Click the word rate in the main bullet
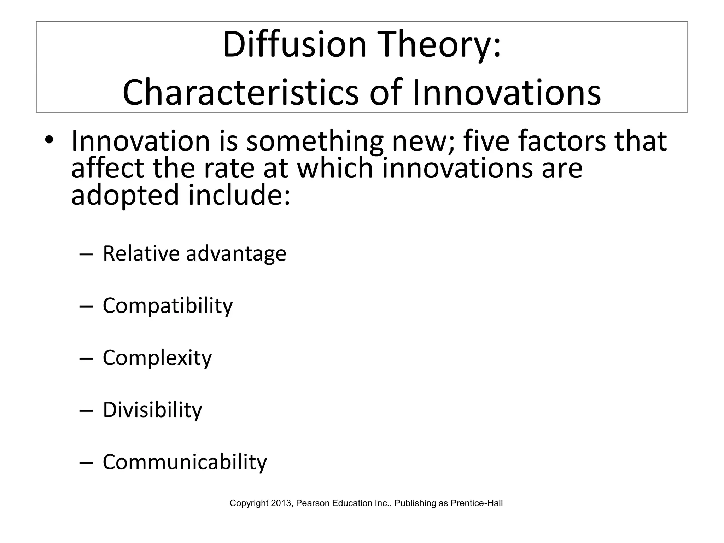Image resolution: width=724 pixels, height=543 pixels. coord(229,168)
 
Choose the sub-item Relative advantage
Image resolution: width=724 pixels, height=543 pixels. coord(194,254)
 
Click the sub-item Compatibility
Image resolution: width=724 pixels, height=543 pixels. coord(168,306)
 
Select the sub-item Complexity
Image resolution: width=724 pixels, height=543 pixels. coord(157,358)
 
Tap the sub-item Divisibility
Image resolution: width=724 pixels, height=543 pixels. coord(152,410)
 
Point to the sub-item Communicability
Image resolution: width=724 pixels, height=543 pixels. coord(185,462)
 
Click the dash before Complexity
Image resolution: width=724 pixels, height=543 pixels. coord(86,359)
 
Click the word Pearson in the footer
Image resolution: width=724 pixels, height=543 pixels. coord(309,503)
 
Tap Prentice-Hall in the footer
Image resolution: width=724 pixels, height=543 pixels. coord(477,503)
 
